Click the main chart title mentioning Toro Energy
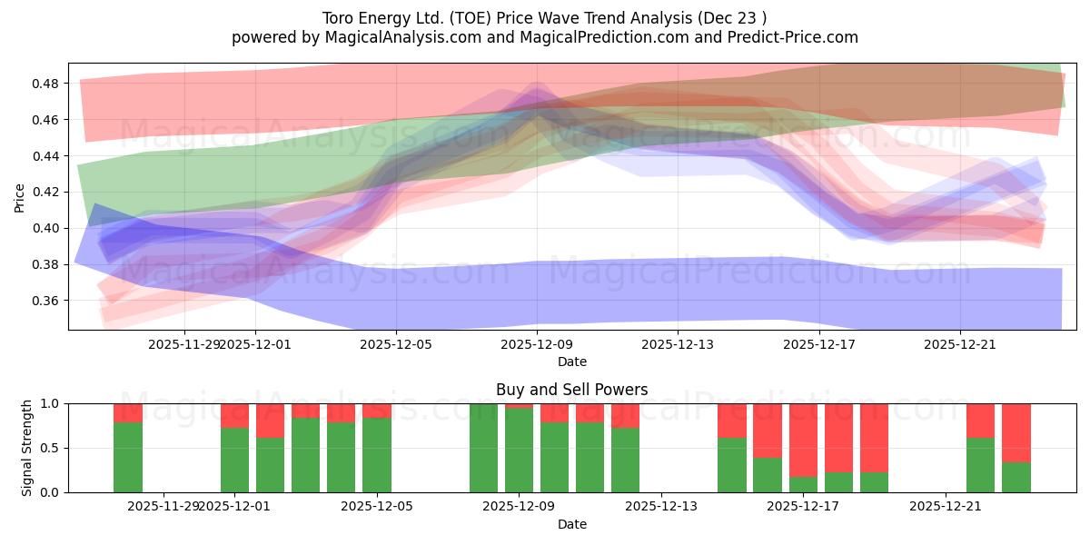click(544, 18)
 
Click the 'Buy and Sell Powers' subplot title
click(571, 390)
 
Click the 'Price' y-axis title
click(20, 196)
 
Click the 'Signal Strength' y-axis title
click(27, 448)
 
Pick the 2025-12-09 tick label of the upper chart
click(537, 344)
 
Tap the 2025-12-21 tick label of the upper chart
click(960, 344)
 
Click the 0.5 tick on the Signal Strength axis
click(51, 448)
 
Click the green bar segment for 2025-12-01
click(234, 461)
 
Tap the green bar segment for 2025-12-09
click(519, 451)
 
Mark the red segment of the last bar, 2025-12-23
click(1016, 432)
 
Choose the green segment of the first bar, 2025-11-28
click(128, 457)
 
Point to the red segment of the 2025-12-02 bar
click(270, 420)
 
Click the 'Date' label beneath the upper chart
click(571, 362)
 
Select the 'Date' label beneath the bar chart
click(571, 524)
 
